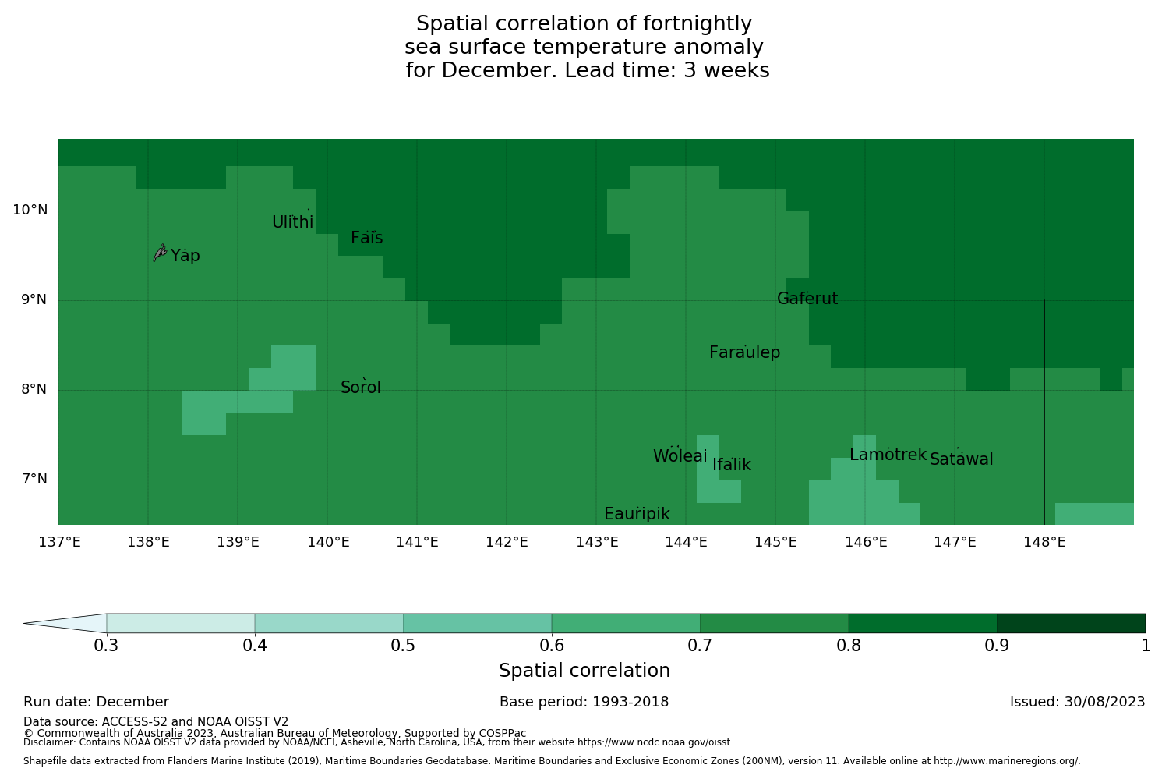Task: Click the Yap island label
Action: (185, 256)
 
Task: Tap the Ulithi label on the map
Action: (292, 222)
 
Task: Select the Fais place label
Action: (366, 238)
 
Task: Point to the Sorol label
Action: (360, 388)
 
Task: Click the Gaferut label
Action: (807, 299)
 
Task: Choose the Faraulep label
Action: (744, 352)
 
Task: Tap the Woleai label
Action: (680, 456)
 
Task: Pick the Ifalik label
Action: (731, 465)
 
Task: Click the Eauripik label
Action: (637, 514)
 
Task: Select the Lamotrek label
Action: (888, 455)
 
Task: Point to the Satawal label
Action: (961, 459)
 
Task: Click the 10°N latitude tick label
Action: (30, 210)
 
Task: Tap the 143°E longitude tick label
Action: (597, 542)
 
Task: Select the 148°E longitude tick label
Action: (1044, 542)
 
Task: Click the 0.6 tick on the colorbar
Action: (552, 646)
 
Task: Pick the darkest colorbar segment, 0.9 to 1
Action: (1071, 623)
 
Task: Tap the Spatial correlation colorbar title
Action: (584, 671)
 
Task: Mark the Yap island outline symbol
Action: (160, 253)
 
